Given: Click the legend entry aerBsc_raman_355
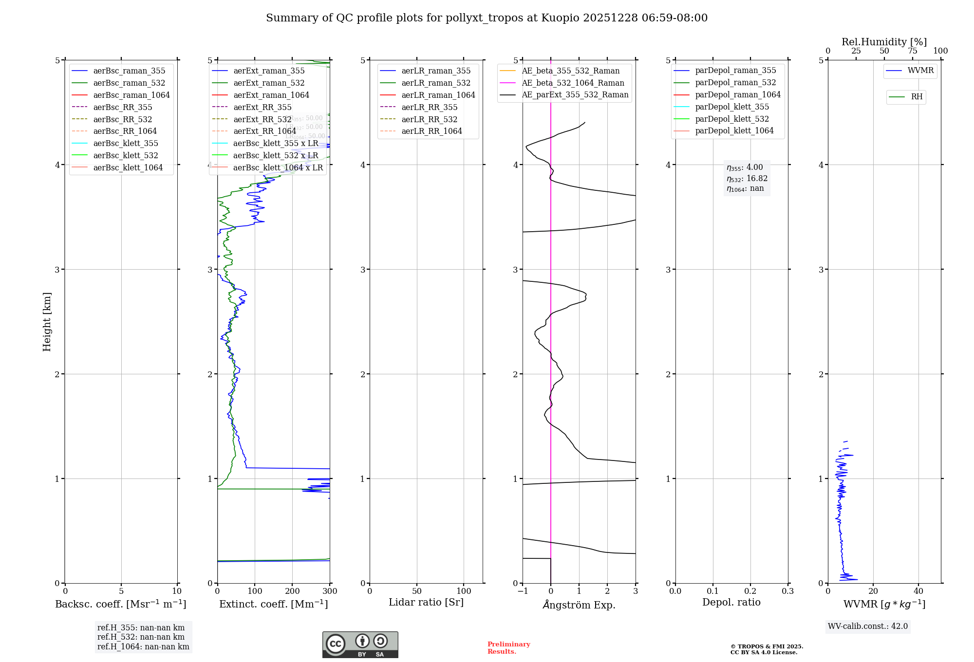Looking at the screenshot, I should pyautogui.click(x=129, y=71).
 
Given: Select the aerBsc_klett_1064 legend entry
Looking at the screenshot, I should pyautogui.click(x=128, y=168).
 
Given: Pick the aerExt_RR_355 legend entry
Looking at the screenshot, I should pyautogui.click(x=262, y=108).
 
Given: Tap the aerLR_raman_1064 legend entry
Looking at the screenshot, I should pyautogui.click(x=438, y=95).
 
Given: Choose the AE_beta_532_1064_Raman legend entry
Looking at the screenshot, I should pyautogui.click(x=573, y=83).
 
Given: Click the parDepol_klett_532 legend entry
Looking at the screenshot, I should pyautogui.click(x=732, y=119).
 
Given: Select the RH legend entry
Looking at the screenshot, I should pyautogui.click(x=917, y=97).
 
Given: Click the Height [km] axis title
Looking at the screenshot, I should pyautogui.click(x=47, y=322).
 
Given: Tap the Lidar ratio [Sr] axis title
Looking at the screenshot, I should pyautogui.click(x=426, y=603).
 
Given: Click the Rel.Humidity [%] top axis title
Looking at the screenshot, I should pyautogui.click(x=884, y=42).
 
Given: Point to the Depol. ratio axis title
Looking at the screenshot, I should pyautogui.click(x=731, y=603).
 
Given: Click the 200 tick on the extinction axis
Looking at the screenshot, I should pyautogui.click(x=292, y=591).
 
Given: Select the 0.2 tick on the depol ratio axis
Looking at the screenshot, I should pyautogui.click(x=750, y=591).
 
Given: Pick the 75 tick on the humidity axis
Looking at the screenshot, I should pyautogui.click(x=913, y=51).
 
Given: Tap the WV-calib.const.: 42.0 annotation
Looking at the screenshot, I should pyautogui.click(x=868, y=626).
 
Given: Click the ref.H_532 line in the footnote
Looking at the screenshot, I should pyautogui.click(x=141, y=637).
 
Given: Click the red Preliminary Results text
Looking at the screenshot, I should pyautogui.click(x=508, y=648).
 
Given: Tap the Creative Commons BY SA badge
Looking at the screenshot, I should pyautogui.click(x=360, y=645).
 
